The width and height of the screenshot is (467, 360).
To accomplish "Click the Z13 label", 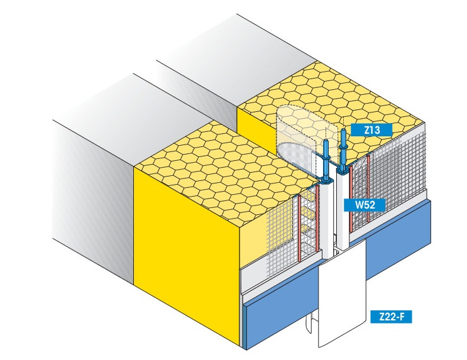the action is (x=371, y=130).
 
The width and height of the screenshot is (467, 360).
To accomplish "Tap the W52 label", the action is (x=365, y=205).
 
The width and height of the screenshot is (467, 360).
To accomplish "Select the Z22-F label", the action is (x=392, y=317).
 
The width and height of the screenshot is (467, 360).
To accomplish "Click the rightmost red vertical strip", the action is (x=368, y=188).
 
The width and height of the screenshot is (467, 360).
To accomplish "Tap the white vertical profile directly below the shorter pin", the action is (x=327, y=221).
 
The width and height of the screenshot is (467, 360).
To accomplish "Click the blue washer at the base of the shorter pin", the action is (x=327, y=180).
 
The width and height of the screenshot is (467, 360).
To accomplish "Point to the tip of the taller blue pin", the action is (x=343, y=129).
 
